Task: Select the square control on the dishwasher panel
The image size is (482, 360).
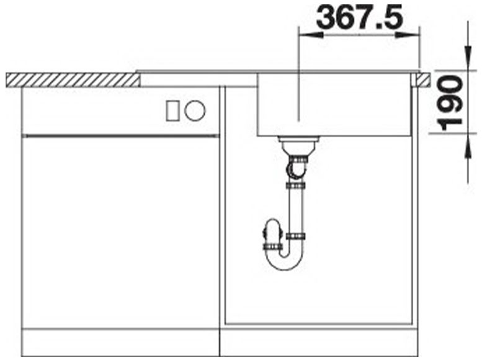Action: tap(172, 110)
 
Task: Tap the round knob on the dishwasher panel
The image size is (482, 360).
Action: tap(195, 110)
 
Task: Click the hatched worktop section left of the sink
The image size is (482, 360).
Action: tap(72, 79)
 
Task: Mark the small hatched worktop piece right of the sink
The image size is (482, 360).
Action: tap(423, 79)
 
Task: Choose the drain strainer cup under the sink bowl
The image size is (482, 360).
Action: tap(298, 146)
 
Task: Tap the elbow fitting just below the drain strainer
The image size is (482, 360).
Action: tap(296, 166)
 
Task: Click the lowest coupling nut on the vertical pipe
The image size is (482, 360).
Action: tap(295, 236)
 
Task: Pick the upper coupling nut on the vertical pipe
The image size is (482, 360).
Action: tap(295, 185)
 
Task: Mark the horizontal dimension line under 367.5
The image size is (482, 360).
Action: tap(359, 35)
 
